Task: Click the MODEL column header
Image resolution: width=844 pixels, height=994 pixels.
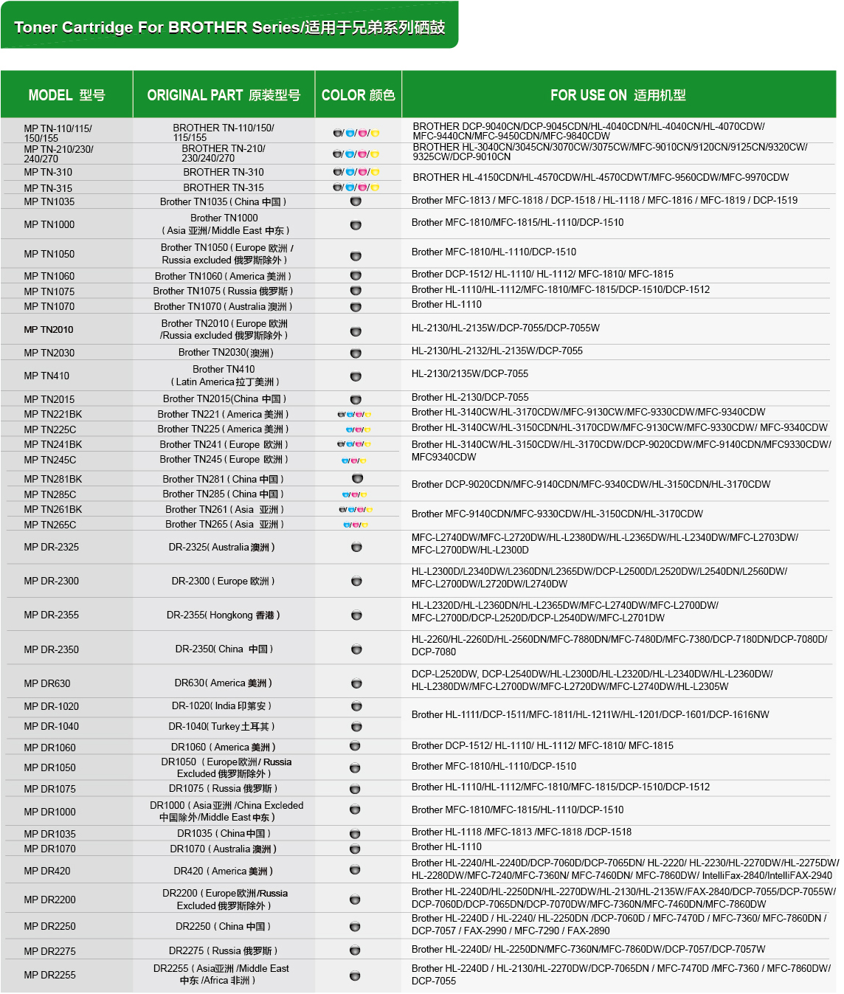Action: (x=66, y=95)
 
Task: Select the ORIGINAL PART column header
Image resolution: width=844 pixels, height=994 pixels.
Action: (x=224, y=95)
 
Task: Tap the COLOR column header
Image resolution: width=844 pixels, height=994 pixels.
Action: (x=358, y=95)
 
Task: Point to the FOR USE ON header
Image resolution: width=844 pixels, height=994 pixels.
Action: (x=618, y=95)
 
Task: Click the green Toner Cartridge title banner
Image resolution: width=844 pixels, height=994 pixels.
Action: (x=229, y=27)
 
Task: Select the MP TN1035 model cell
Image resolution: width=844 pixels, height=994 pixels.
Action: (x=49, y=201)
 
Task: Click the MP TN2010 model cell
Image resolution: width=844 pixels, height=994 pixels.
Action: (x=49, y=329)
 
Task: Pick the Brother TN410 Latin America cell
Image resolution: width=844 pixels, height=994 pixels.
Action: (x=224, y=376)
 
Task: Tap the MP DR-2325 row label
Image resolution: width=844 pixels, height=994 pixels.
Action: (x=52, y=547)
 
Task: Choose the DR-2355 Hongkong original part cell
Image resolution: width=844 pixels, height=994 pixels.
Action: (x=224, y=615)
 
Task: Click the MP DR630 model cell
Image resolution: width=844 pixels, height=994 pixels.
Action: (x=47, y=683)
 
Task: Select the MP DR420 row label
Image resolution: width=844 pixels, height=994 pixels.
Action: (x=47, y=871)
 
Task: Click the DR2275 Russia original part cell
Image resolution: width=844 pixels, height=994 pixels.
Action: (x=224, y=950)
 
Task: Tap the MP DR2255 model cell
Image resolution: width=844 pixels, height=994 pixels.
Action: (x=49, y=975)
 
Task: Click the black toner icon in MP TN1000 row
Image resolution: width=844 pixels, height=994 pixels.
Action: (x=356, y=225)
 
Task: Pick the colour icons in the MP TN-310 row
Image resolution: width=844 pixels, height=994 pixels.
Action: (x=356, y=172)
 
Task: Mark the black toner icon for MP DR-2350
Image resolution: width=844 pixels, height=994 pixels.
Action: (x=356, y=649)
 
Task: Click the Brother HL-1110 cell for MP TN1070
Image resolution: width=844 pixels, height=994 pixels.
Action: (x=446, y=304)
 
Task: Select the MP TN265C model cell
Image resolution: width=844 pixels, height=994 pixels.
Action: (x=50, y=525)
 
